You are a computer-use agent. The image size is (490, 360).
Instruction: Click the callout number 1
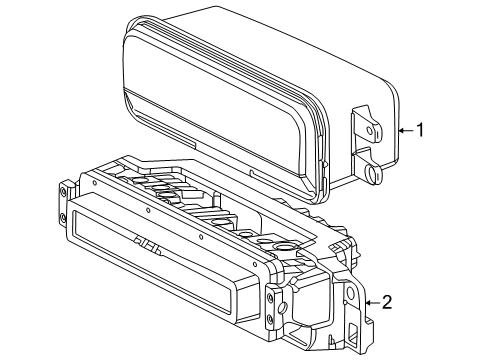click(x=421, y=130)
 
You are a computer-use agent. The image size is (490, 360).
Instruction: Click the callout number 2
click(x=387, y=302)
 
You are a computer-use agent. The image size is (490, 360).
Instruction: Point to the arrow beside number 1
click(x=406, y=130)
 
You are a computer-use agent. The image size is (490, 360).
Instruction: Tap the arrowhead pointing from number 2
click(x=368, y=303)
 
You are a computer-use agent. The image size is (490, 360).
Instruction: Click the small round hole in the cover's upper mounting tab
click(x=370, y=130)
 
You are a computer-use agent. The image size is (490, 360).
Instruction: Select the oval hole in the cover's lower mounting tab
click(x=371, y=173)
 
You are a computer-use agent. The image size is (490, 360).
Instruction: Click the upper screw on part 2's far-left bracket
click(x=63, y=191)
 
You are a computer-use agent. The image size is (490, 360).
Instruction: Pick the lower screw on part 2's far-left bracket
click(x=63, y=218)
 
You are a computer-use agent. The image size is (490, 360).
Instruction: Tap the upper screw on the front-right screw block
click(x=270, y=297)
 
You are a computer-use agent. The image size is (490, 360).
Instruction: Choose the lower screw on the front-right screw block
click(x=270, y=320)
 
